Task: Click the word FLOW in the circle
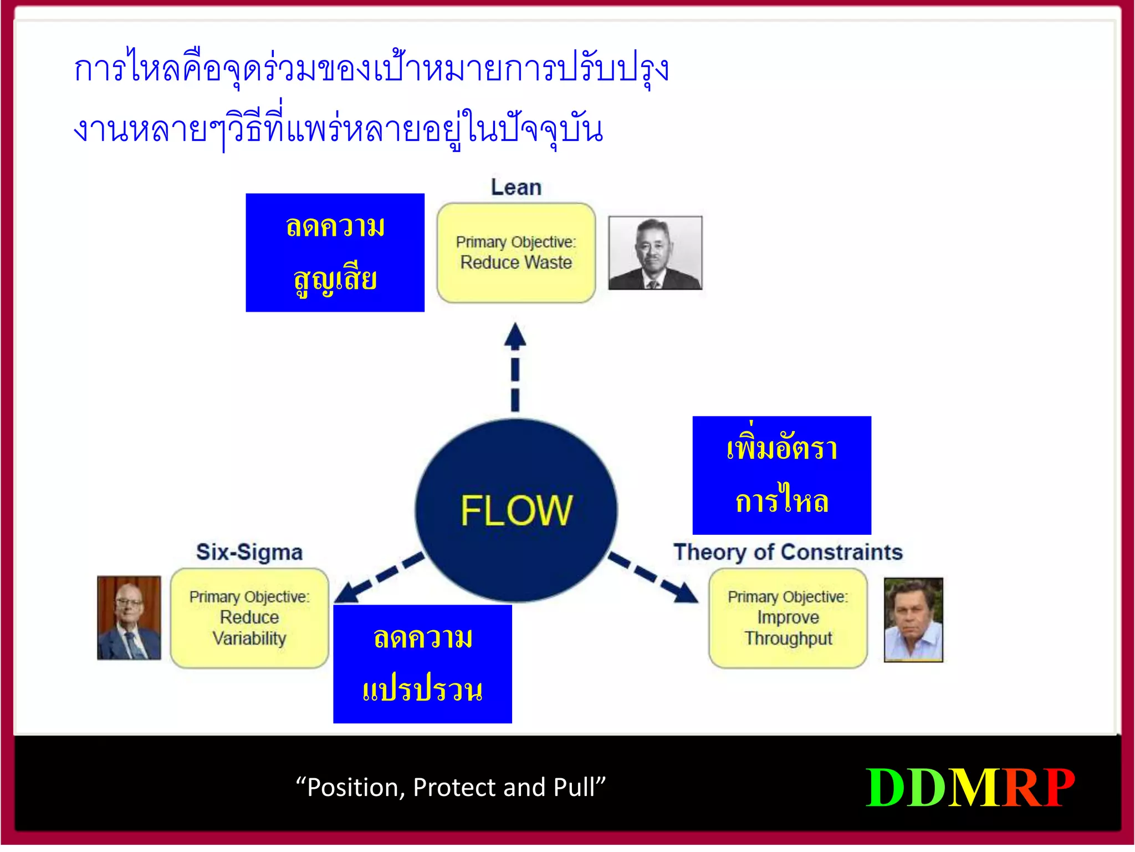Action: pyautogui.click(x=516, y=510)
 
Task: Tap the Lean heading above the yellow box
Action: pyautogui.click(x=516, y=187)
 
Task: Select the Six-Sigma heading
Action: pyautogui.click(x=249, y=552)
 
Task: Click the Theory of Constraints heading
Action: pyautogui.click(x=788, y=552)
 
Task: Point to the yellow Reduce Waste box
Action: pyautogui.click(x=516, y=253)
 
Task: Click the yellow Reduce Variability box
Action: pyautogui.click(x=249, y=618)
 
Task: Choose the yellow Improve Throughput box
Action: pyautogui.click(x=788, y=618)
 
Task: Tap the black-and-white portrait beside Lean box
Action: pyautogui.click(x=655, y=253)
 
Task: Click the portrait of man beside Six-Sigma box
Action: pyautogui.click(x=129, y=617)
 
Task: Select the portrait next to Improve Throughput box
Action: pyautogui.click(x=913, y=620)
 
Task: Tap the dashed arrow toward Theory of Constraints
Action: pyautogui.click(x=653, y=577)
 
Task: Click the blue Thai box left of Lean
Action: pyautogui.click(x=335, y=252)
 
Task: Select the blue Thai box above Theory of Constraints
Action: pyautogui.click(x=781, y=475)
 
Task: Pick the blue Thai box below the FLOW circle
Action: pyautogui.click(x=422, y=664)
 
